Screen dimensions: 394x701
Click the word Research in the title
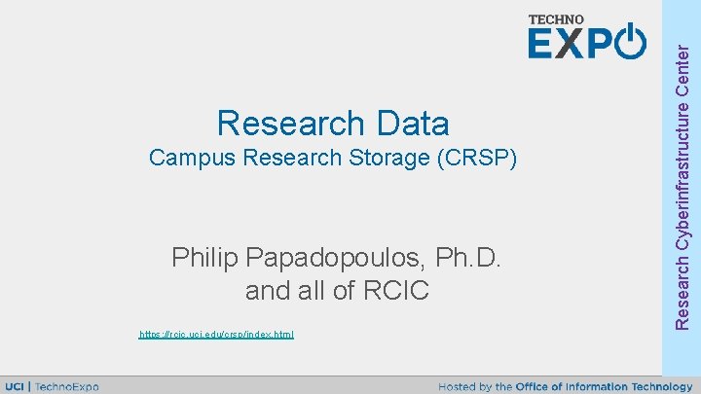[288, 124]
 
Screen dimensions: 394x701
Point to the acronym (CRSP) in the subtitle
[482, 158]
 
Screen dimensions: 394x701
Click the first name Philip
[205, 258]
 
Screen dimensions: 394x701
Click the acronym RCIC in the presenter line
[395, 290]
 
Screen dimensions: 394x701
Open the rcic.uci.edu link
[216, 335]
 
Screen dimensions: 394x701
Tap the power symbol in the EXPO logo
[631, 43]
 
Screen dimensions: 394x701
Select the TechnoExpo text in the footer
[66, 386]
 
